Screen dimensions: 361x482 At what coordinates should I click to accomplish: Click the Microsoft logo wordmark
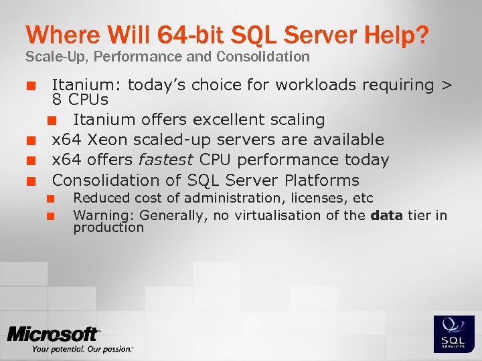coord(54,334)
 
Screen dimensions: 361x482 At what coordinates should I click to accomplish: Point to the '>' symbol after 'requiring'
coord(447,86)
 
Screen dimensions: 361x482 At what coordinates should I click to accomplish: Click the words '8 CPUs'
coord(80,100)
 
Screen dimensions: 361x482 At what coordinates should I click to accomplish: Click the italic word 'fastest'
coord(165,160)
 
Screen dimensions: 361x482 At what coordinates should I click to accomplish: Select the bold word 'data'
coord(386,215)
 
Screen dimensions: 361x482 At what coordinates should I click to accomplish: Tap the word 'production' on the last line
coord(108,227)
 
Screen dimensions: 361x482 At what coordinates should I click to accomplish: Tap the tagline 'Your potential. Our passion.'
coord(82,349)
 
